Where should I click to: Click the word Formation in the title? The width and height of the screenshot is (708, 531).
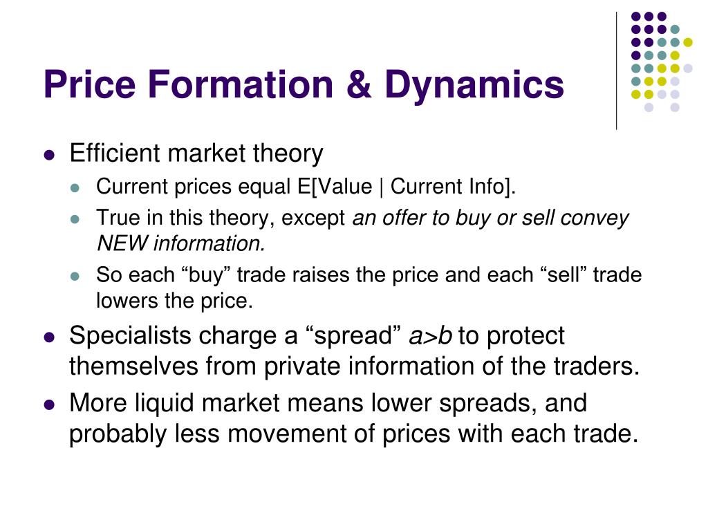(240, 84)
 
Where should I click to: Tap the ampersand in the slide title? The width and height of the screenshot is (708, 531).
(359, 84)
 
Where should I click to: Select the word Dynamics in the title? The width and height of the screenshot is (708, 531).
(474, 86)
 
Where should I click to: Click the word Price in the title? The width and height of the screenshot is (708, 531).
(89, 84)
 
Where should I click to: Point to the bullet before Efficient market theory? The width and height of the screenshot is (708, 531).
(49, 156)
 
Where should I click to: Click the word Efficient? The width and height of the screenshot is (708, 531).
(115, 153)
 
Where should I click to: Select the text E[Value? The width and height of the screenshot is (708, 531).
(335, 187)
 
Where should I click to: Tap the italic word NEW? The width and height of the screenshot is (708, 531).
(122, 243)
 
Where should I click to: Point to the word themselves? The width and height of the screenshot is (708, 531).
(133, 366)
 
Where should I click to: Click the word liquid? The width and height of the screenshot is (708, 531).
(165, 403)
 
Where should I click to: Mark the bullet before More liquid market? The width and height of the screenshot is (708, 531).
(49, 404)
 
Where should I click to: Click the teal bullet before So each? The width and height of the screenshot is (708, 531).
(75, 276)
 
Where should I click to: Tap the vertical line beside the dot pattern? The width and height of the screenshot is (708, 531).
(616, 71)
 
